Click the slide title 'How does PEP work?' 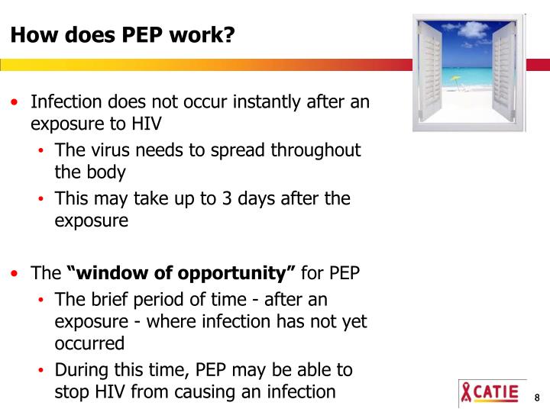pos(122,35)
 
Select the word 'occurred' pos(89,343)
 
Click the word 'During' pos(82,370)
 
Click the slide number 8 pos(537,398)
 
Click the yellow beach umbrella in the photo pos(457,78)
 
